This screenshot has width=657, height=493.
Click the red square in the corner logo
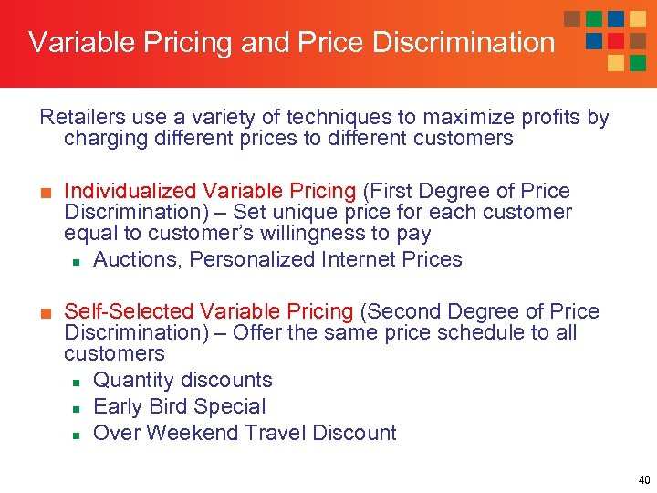615,40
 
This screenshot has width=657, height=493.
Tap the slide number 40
644,479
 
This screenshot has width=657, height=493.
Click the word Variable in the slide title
78,42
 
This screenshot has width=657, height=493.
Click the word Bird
178,406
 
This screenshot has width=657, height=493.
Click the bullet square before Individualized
45,192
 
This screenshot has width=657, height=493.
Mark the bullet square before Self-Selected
45,312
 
